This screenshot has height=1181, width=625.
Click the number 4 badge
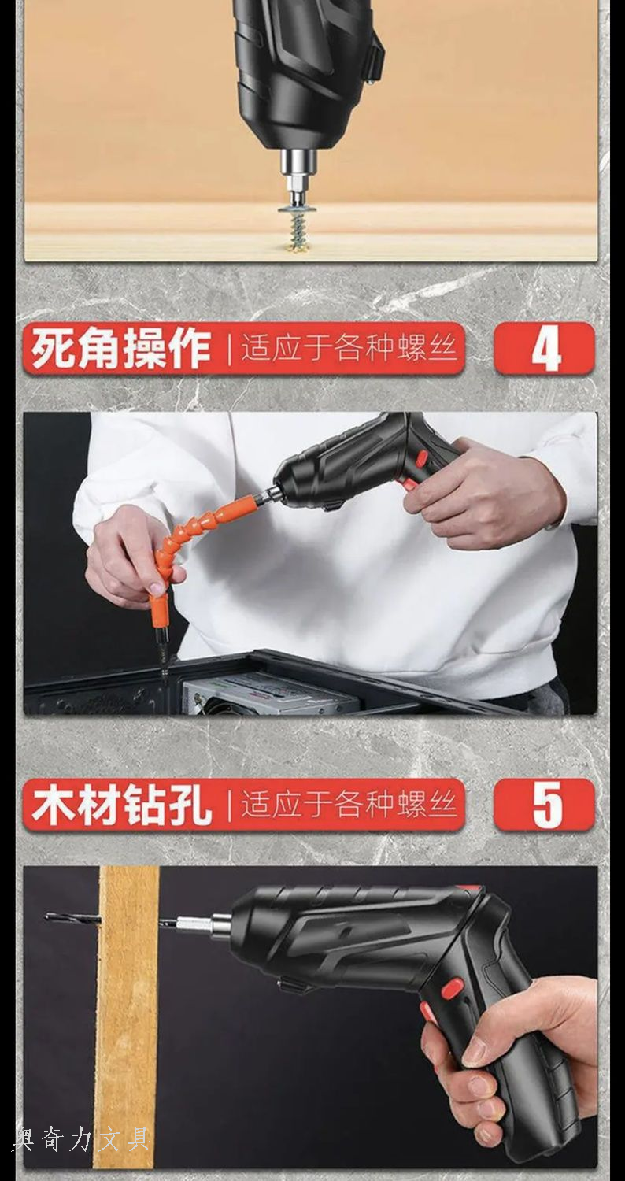pos(545,349)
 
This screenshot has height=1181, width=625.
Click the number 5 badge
pos(545,805)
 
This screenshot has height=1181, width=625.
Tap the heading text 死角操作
pos(120,349)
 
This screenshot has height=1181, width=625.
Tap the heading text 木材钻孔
pos(120,805)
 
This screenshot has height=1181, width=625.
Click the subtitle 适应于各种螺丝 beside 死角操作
pos(349,349)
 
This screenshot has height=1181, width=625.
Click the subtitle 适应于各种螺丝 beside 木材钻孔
pos(349,805)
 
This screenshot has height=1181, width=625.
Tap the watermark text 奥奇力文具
pos(83,1139)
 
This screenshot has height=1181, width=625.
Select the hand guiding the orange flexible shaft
pos(131,559)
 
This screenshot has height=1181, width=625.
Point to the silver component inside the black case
pos(268,694)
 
